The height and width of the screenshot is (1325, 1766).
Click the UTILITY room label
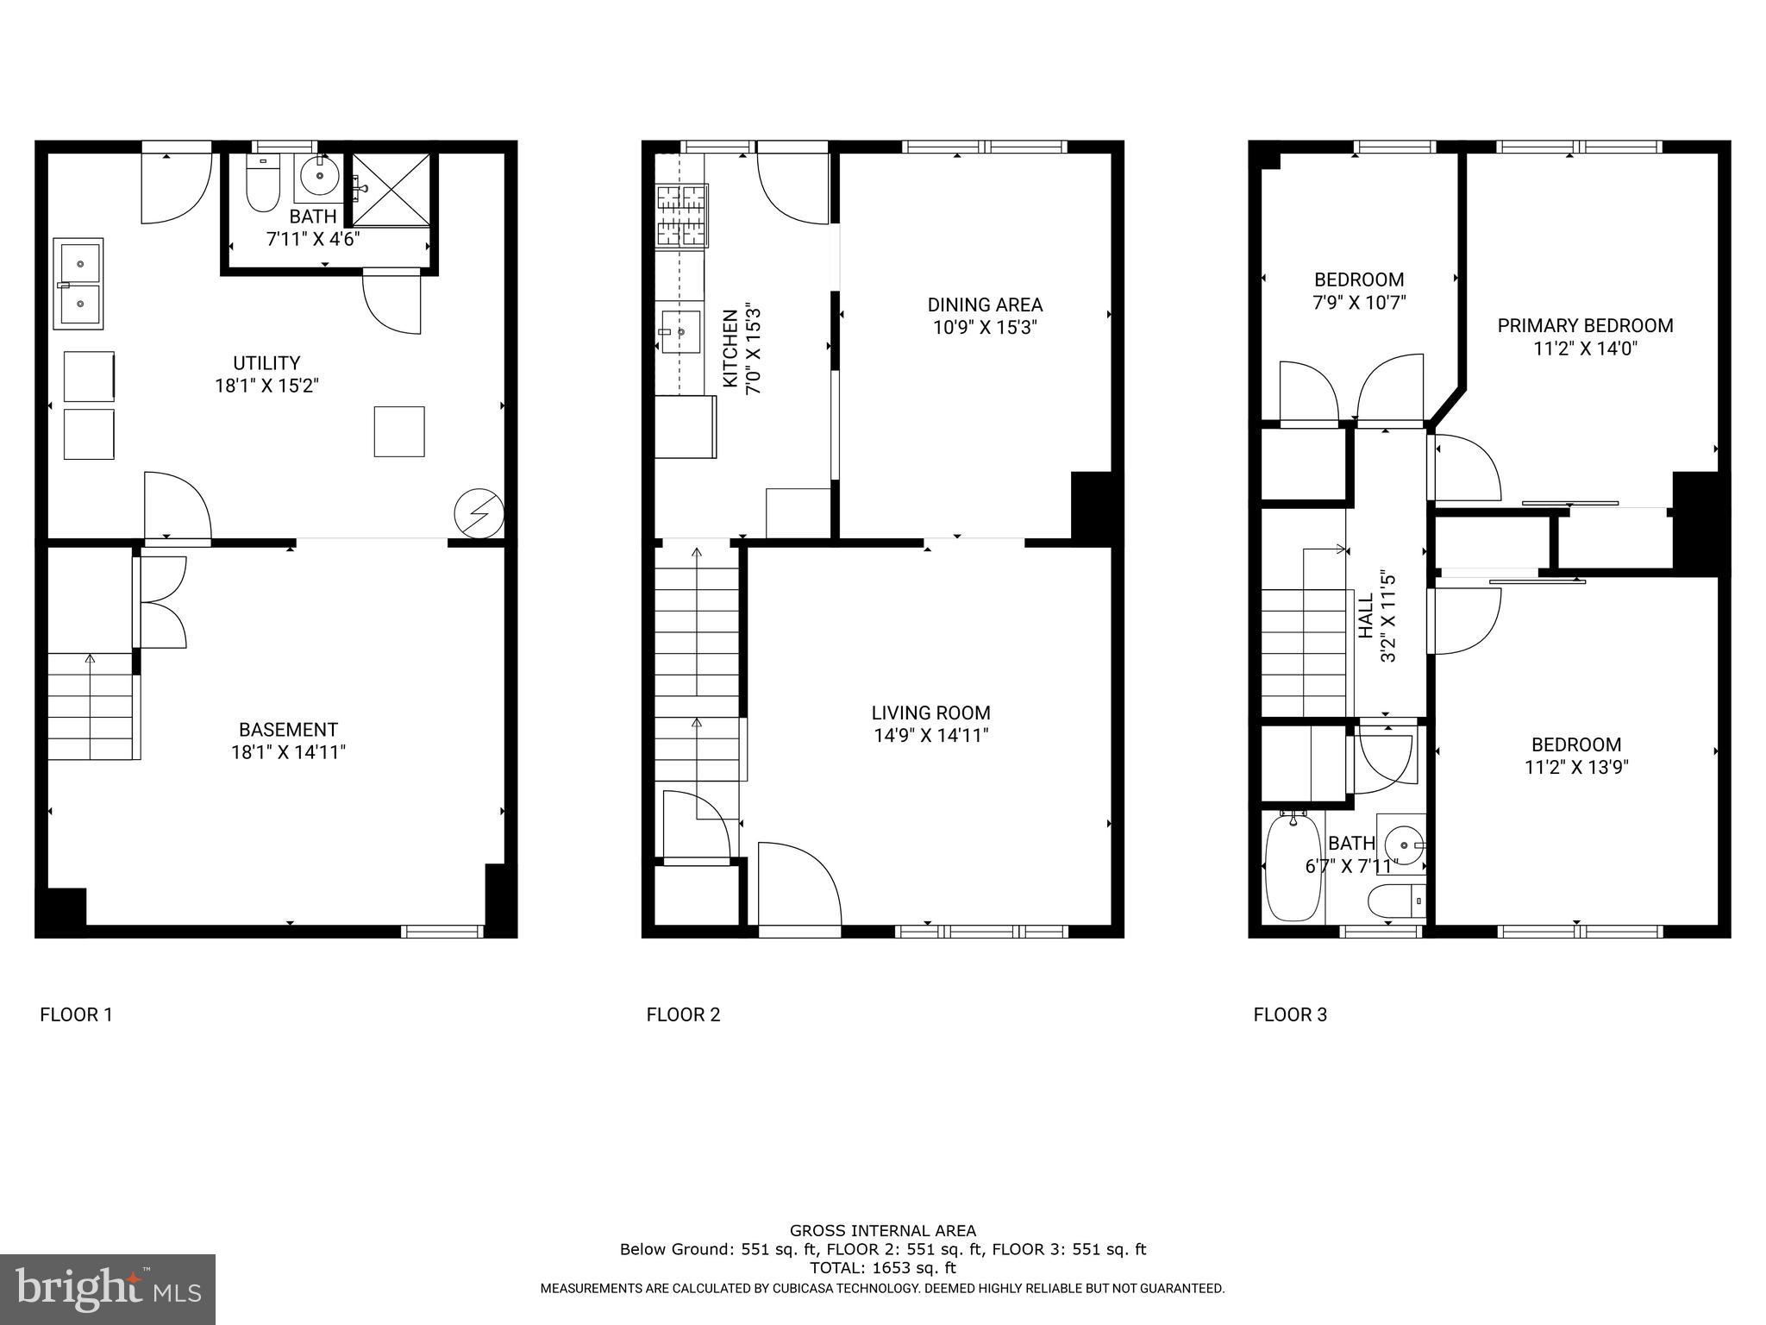coord(266,363)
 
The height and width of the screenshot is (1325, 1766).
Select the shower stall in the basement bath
coord(391,190)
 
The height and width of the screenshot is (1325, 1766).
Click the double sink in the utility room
coord(79,283)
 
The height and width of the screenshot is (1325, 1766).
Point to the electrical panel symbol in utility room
coord(478,514)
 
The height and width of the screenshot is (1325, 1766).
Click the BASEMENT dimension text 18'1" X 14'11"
coord(288,752)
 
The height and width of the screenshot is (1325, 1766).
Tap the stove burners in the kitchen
coord(681,216)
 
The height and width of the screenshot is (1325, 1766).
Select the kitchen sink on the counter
coord(680,331)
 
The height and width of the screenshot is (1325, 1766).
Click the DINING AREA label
coord(985,305)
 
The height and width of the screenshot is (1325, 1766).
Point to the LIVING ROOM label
coord(930,713)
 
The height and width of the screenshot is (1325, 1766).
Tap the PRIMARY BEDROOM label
coord(1585,326)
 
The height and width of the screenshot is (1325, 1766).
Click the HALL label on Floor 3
coord(1366,615)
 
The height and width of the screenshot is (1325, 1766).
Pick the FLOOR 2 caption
coord(683,1015)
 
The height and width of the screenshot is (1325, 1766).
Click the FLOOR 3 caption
coord(1290,1015)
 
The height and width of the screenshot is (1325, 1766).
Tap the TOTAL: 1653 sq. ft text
coord(882,1268)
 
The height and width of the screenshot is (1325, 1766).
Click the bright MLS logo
coord(108,1289)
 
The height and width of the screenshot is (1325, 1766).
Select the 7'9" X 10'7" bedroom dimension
coord(1359,303)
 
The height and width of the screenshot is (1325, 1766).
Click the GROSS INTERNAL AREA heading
coord(882,1231)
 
